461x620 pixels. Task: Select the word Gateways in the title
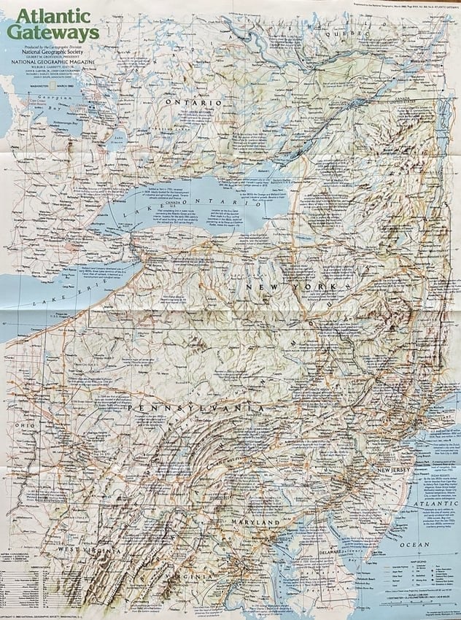[x=53, y=33]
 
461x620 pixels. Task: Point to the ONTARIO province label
[x=193, y=103]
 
